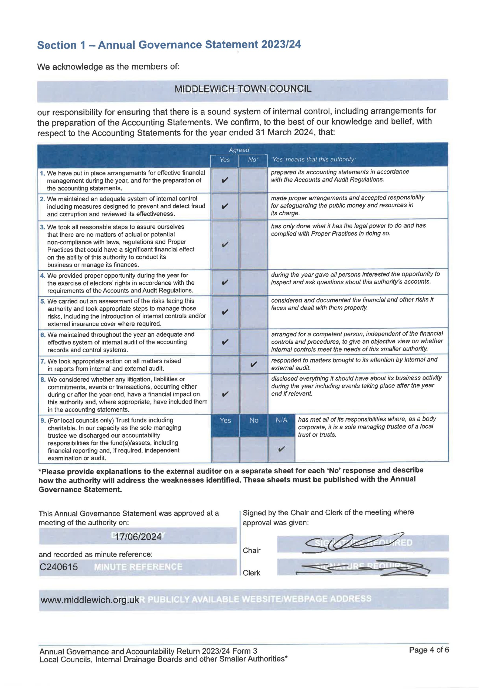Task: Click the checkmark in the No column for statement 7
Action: tap(253, 364)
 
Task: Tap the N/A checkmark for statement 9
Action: tap(281, 449)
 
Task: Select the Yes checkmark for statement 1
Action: tap(225, 180)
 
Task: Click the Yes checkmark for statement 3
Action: tap(225, 245)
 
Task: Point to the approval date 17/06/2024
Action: tap(138, 537)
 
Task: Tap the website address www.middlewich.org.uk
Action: tap(90, 600)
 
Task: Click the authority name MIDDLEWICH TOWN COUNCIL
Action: tap(243, 89)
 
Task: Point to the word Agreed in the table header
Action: tap(239, 150)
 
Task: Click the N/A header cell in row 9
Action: tap(281, 420)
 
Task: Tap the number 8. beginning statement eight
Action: tap(43, 379)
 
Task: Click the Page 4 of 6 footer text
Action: tap(429, 650)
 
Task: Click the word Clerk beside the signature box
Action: tap(251, 573)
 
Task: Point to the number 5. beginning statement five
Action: tap(43, 301)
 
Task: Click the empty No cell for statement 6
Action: tap(253, 342)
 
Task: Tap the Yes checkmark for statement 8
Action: tap(225, 394)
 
